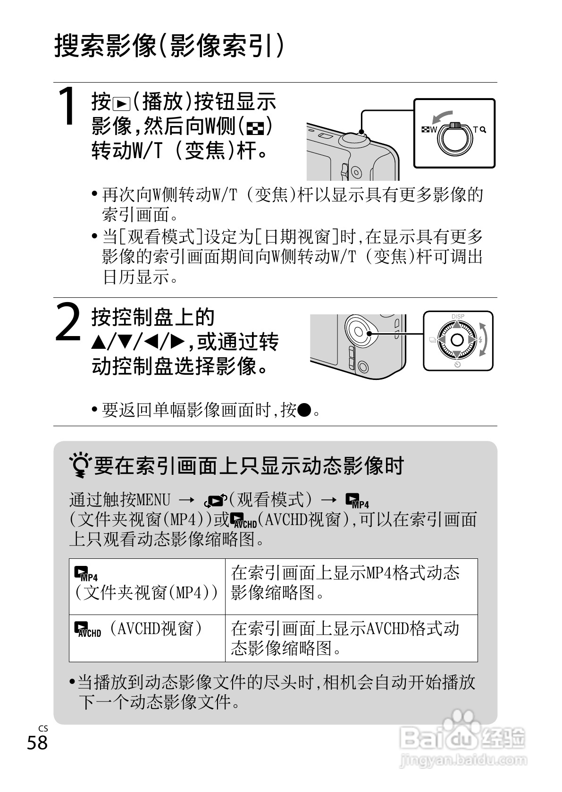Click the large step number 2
68,322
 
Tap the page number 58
37,742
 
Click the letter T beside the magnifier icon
475,129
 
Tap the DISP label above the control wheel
457,316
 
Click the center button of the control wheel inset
457,340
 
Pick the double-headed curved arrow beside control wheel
484,339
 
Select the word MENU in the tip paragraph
153,500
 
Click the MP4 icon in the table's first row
85,573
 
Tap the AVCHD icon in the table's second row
88,630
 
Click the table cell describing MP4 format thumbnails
352,587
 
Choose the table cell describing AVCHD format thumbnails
352,638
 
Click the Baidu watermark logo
463,733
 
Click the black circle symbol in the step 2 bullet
304,410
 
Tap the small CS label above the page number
43,729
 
